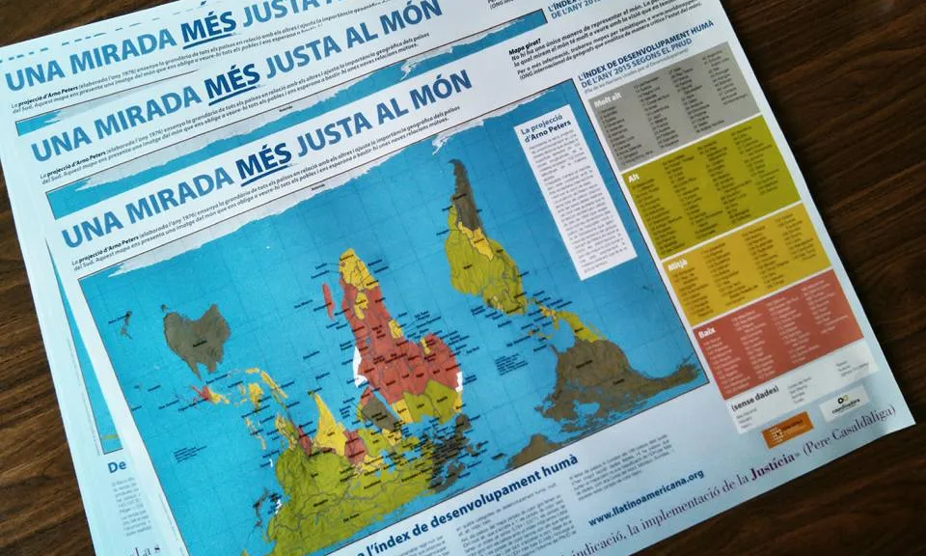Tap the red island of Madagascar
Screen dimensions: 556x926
pyautogui.click(x=328, y=299)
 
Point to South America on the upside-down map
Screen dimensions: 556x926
pyautogui.click(x=473, y=232)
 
